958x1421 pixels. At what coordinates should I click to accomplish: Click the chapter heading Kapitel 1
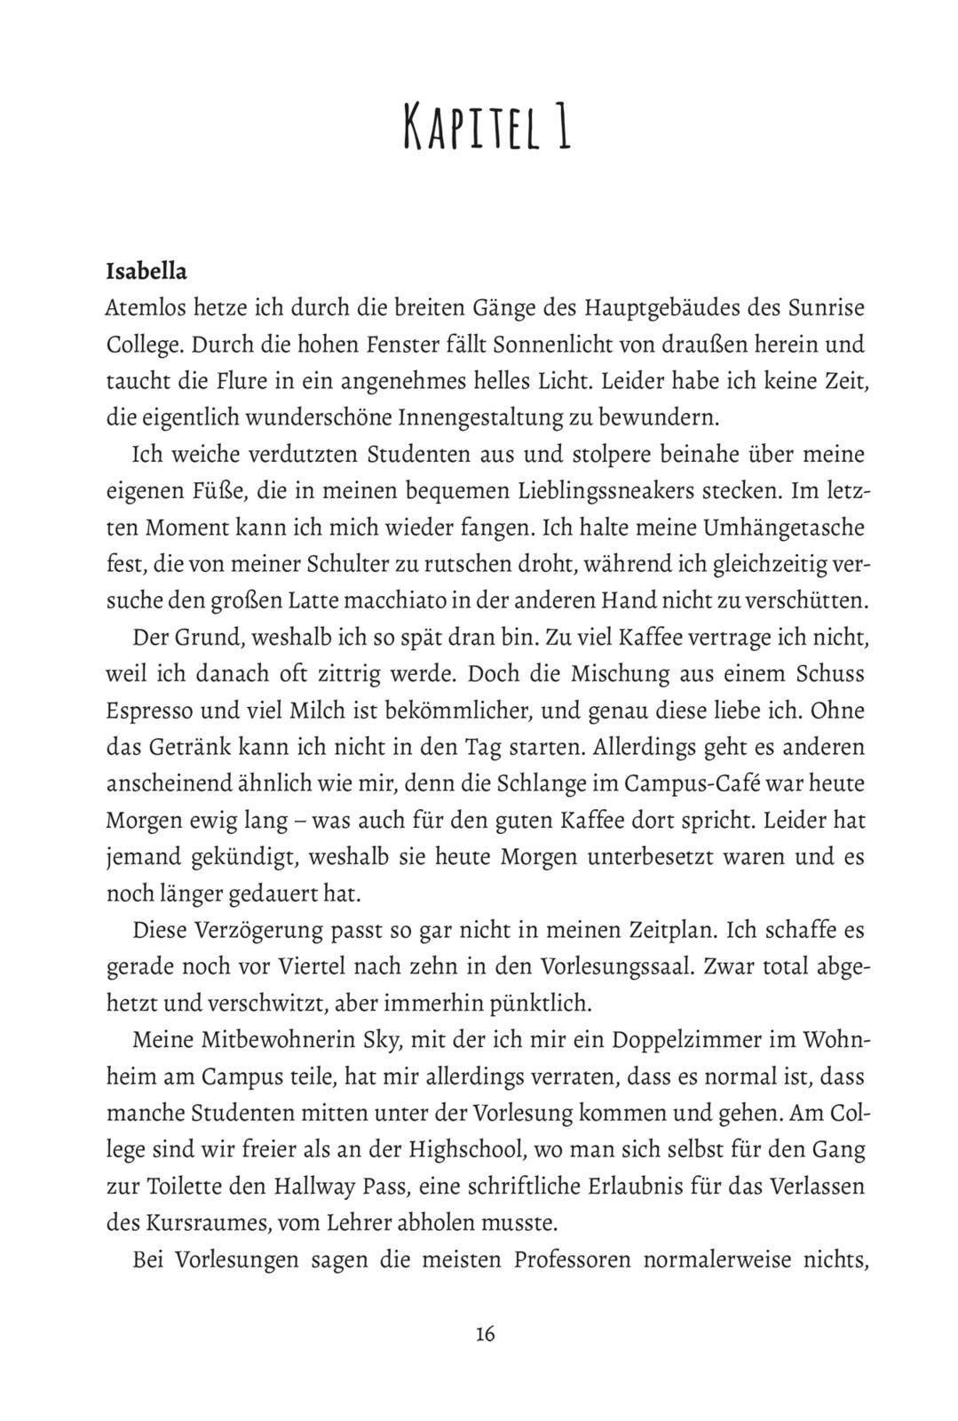(x=487, y=126)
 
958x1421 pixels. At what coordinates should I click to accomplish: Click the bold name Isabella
(x=146, y=271)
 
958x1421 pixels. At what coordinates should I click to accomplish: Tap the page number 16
(x=485, y=1333)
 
